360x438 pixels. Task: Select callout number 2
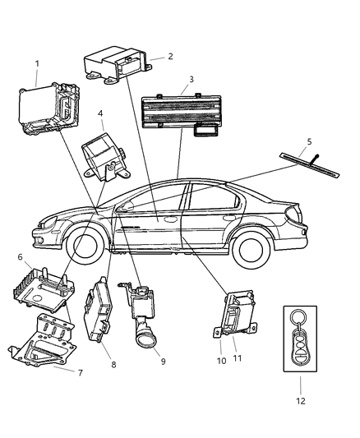[x=170, y=56]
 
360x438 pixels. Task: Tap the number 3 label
[x=191, y=81]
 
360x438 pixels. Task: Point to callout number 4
[x=100, y=114]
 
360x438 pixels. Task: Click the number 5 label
[x=308, y=141]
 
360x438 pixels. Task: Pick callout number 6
[x=19, y=257]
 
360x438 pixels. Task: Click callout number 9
[x=164, y=359]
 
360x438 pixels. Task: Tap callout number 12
[x=301, y=401]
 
